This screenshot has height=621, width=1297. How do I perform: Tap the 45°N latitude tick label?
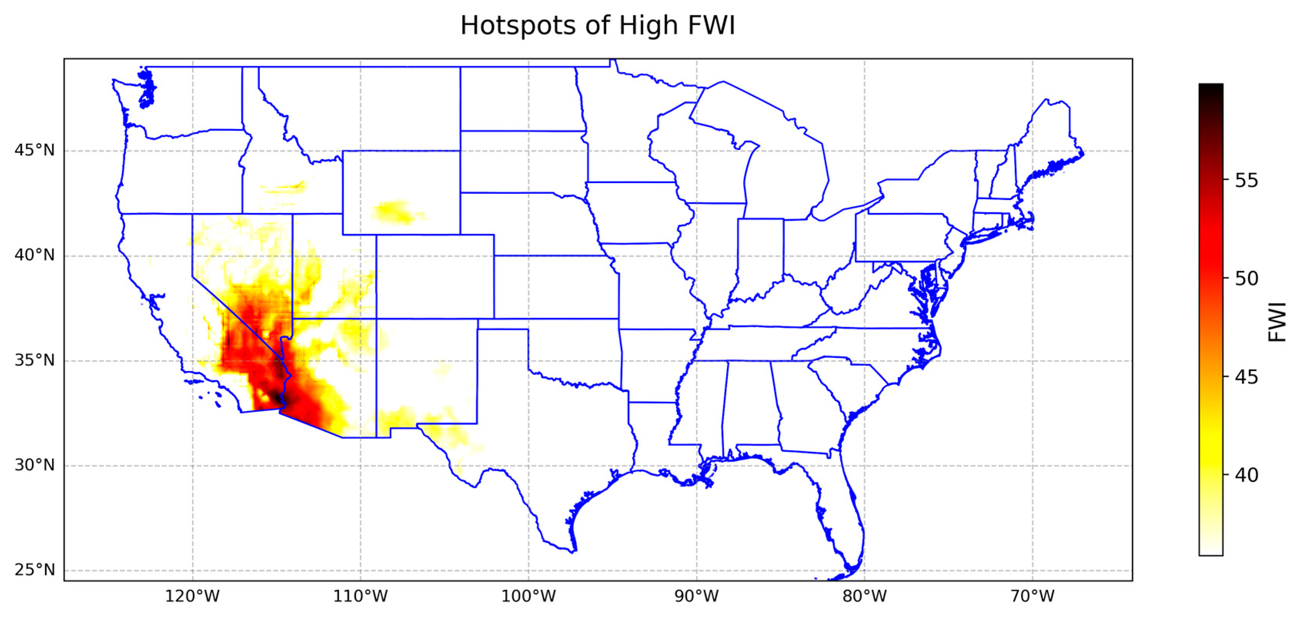click(x=34, y=150)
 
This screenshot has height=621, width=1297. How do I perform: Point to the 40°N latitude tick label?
click(x=34, y=255)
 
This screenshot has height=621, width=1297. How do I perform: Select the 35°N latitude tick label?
click(x=34, y=360)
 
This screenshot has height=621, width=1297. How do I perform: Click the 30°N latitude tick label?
click(x=34, y=465)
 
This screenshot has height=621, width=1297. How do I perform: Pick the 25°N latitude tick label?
click(x=34, y=570)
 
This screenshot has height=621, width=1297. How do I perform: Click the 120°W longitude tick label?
click(x=192, y=596)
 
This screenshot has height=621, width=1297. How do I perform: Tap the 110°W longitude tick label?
click(x=361, y=596)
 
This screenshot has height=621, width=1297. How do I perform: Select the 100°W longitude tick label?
click(x=529, y=596)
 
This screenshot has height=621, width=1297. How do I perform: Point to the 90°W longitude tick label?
click(x=697, y=596)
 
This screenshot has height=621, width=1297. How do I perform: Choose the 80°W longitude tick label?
click(x=865, y=596)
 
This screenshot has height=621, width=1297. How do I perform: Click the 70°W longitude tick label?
click(x=1033, y=596)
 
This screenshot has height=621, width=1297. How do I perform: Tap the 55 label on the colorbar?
click(x=1246, y=181)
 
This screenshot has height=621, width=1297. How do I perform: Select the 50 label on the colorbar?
click(x=1246, y=279)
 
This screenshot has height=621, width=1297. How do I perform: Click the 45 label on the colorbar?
click(x=1246, y=377)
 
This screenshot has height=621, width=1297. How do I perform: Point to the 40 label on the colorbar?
click(x=1246, y=475)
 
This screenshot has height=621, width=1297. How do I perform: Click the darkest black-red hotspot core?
click(x=276, y=396)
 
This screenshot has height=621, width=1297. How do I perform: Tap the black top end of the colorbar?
click(x=1210, y=88)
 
